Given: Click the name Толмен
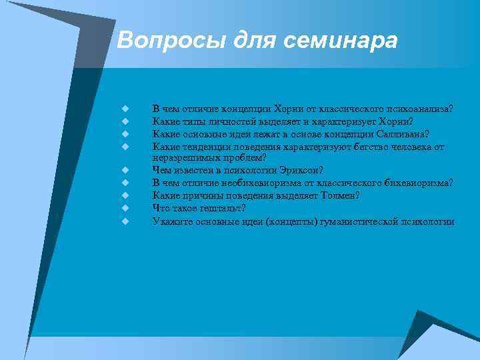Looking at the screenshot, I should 339,195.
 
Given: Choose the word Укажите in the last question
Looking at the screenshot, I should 169,221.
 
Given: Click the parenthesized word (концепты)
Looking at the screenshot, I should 293,221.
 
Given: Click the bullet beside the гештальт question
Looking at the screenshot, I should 124,208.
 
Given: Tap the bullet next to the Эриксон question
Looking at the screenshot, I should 124,170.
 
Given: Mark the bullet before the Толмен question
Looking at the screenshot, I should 124,195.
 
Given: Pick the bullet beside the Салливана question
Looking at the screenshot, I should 124,133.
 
